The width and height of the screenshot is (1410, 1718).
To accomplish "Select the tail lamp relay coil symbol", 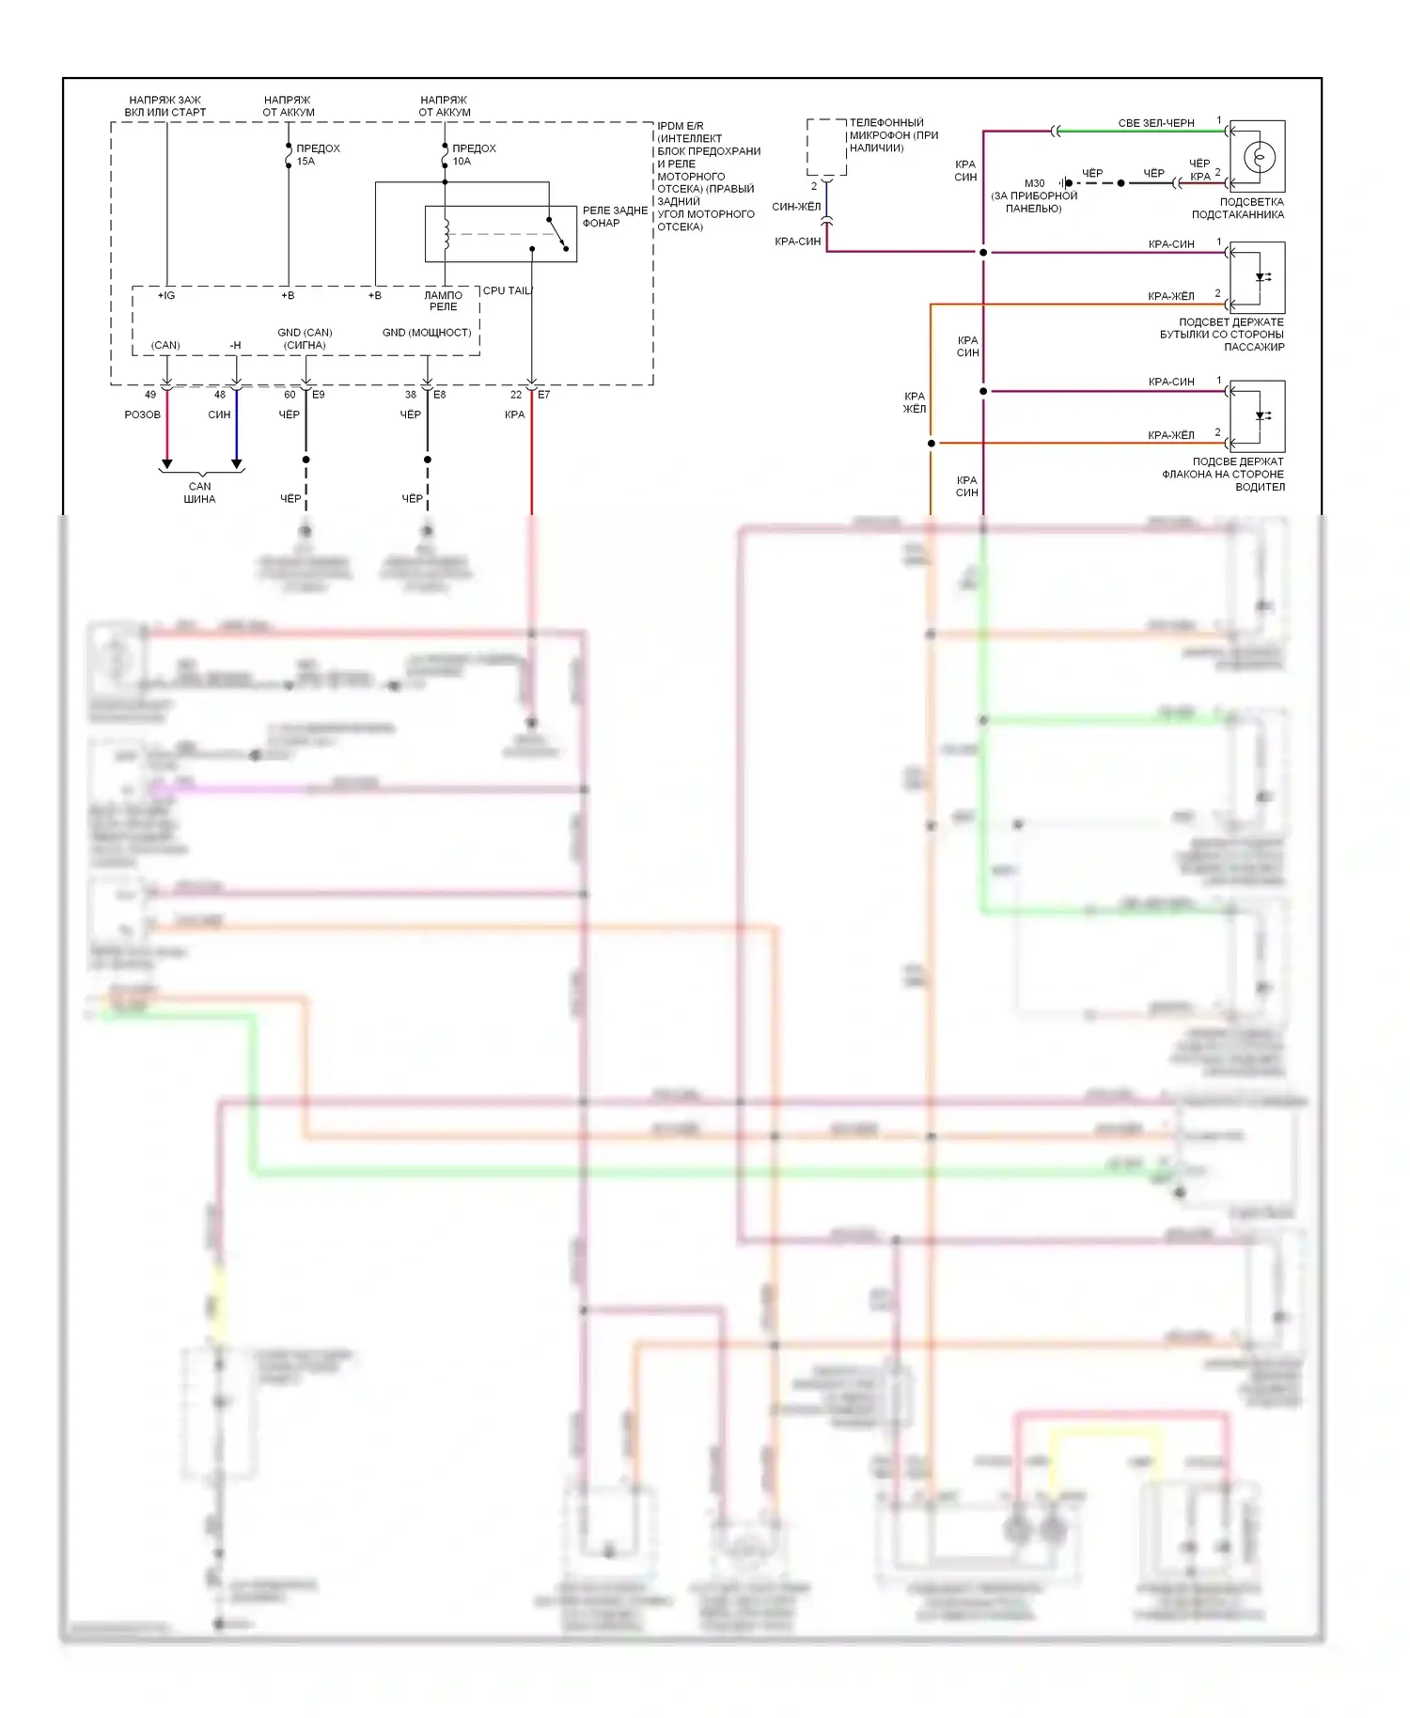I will [446, 234].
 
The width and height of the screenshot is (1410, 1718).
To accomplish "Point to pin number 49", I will [150, 395].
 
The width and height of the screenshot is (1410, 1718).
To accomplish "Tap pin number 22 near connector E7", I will [516, 395].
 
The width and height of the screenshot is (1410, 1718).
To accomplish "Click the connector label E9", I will [319, 395].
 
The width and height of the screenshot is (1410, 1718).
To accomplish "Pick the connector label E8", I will [440, 395].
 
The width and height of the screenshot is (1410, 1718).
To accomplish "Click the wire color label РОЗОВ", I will [143, 414].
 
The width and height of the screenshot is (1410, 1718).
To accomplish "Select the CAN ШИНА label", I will [200, 492].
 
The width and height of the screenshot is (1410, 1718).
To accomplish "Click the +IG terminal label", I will [166, 295].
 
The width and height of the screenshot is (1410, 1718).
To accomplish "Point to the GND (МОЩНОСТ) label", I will [427, 333].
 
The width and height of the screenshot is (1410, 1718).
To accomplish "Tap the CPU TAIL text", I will [507, 291].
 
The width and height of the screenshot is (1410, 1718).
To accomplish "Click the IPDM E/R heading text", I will [681, 126].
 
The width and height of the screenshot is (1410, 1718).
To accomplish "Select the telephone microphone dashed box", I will [826, 147].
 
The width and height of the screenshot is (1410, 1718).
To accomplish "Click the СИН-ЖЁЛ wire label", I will [796, 207].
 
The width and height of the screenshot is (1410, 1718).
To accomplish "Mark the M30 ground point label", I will [1034, 183].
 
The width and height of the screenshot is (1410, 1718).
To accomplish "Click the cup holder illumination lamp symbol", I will [1258, 156].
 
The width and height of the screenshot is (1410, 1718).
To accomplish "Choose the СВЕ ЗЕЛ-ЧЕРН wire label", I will [1156, 123].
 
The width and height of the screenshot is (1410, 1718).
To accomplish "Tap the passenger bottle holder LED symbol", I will [1260, 277].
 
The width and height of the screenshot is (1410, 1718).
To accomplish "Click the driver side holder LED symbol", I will [1260, 415].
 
